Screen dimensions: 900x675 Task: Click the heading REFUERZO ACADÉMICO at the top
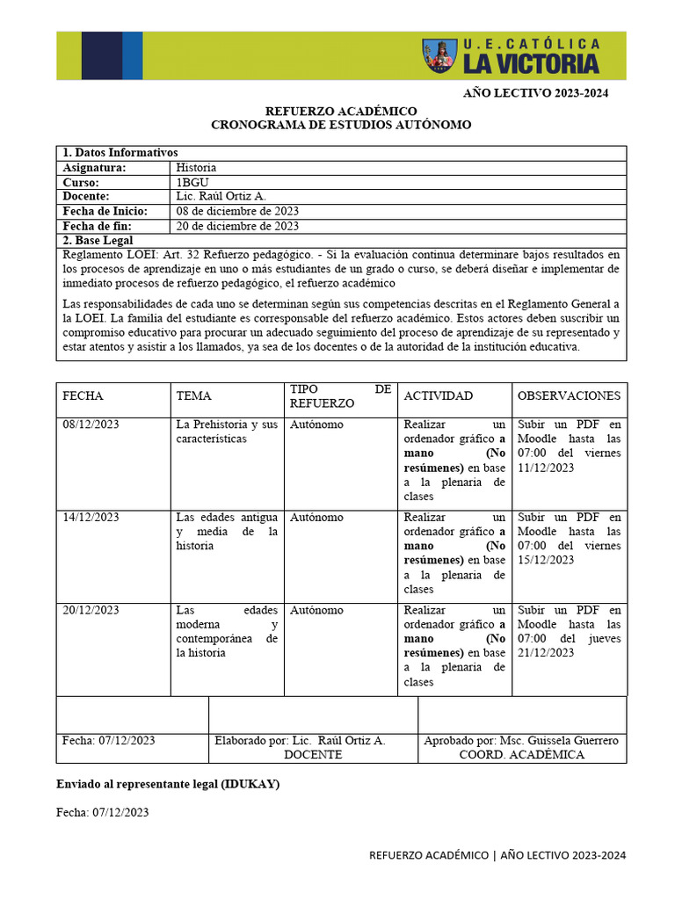point(341,111)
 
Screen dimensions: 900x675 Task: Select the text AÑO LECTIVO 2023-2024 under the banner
point(536,93)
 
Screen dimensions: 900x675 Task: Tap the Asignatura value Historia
point(196,167)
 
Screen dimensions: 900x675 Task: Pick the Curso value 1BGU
point(192,182)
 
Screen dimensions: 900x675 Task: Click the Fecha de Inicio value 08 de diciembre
point(237,211)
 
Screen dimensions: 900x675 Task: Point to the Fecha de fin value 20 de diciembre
point(237,226)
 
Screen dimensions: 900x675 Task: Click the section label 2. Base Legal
point(98,240)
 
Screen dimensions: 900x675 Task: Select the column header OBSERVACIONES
point(569,396)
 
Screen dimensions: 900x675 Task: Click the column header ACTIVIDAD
point(438,396)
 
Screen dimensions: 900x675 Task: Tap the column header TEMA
point(193,396)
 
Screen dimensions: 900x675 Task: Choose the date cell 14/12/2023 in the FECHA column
point(91,518)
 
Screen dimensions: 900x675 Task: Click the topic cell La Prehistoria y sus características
point(227,432)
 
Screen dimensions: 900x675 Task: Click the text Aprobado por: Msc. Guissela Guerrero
point(521,740)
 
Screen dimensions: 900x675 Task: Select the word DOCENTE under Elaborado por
point(312,755)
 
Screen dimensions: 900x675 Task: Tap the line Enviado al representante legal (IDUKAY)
point(168,784)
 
